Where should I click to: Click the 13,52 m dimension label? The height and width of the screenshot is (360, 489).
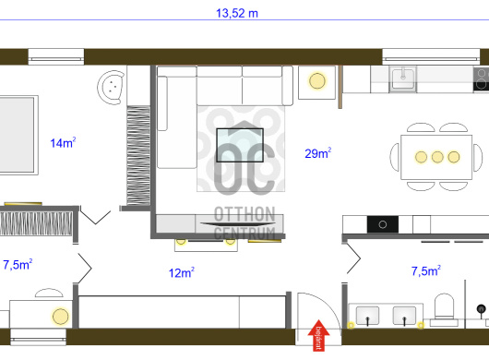tap(237, 14)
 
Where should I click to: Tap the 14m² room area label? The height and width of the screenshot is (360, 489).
tap(63, 142)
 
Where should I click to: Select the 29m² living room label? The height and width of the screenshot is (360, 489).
tap(317, 153)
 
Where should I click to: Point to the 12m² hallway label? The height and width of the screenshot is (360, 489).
tap(182, 272)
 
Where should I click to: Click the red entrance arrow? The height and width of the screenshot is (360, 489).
tap(318, 335)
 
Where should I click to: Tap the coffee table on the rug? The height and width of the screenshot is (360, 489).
tap(240, 145)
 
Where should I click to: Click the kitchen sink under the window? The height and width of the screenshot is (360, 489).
tap(402, 79)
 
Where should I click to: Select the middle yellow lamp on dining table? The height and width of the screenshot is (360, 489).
tap(437, 157)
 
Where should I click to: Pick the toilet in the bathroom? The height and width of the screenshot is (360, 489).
tap(444, 309)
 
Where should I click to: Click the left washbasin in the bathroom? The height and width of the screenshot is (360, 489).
tap(367, 316)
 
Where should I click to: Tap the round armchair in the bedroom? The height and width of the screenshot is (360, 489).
tap(111, 87)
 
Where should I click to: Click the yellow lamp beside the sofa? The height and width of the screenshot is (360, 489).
tap(317, 81)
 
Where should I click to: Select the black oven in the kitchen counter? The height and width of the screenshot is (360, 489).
tap(383, 224)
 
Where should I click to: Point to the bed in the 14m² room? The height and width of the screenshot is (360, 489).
tap(18, 135)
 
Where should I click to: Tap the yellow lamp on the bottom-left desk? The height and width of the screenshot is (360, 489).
tap(61, 316)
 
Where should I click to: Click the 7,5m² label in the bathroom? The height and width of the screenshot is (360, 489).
tap(426, 270)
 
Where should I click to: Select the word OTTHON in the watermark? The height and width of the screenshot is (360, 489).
tap(244, 214)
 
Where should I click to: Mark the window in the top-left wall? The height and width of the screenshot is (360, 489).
tap(56, 57)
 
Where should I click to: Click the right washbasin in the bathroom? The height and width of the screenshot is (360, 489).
tap(404, 316)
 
